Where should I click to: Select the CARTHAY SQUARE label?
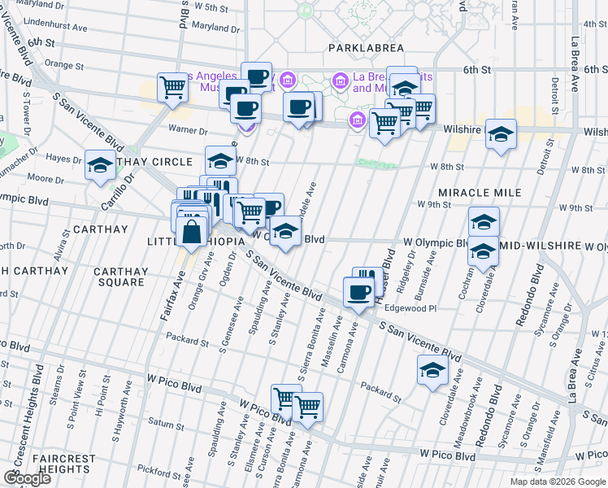click(x=119, y=277)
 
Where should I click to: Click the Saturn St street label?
click(x=167, y=424)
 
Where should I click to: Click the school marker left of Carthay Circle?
click(x=100, y=164)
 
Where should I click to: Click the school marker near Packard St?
click(x=432, y=370)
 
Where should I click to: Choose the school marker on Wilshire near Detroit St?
click(x=501, y=133)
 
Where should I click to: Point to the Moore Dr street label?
click(x=40, y=178)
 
